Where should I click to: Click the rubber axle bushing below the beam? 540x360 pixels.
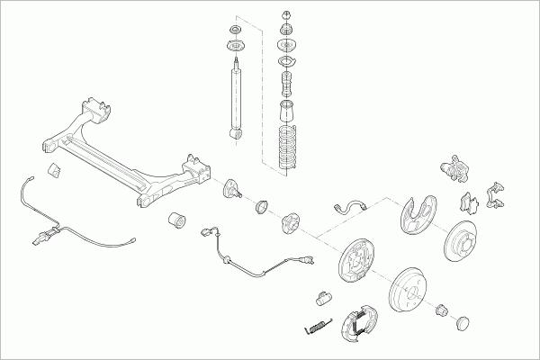pos(178,219)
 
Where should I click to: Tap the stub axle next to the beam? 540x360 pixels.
pos(232,189)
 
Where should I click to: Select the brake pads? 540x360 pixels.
pos(468,201)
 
